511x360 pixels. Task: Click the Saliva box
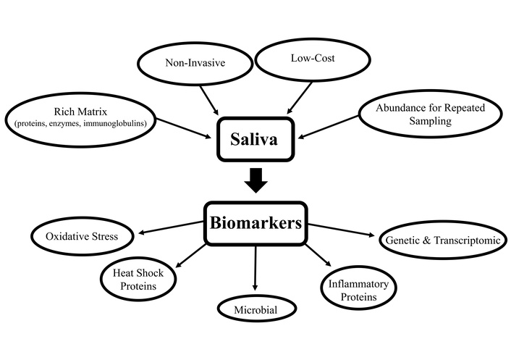[x=255, y=138]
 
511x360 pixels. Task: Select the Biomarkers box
[x=255, y=223]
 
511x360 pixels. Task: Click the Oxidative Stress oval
[x=83, y=236]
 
